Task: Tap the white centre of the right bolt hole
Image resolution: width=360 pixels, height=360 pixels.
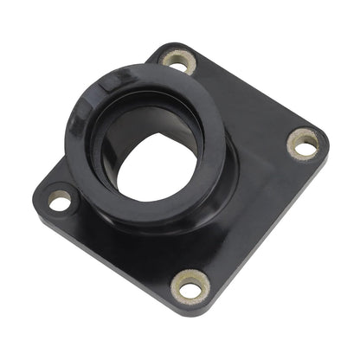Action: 304,144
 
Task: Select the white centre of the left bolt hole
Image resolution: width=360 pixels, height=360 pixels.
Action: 59,202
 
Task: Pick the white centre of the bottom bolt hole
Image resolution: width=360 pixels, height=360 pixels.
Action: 192,284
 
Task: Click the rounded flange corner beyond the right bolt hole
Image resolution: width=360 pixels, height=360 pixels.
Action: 327,138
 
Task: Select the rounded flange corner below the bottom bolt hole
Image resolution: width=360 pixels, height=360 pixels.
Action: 194,308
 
